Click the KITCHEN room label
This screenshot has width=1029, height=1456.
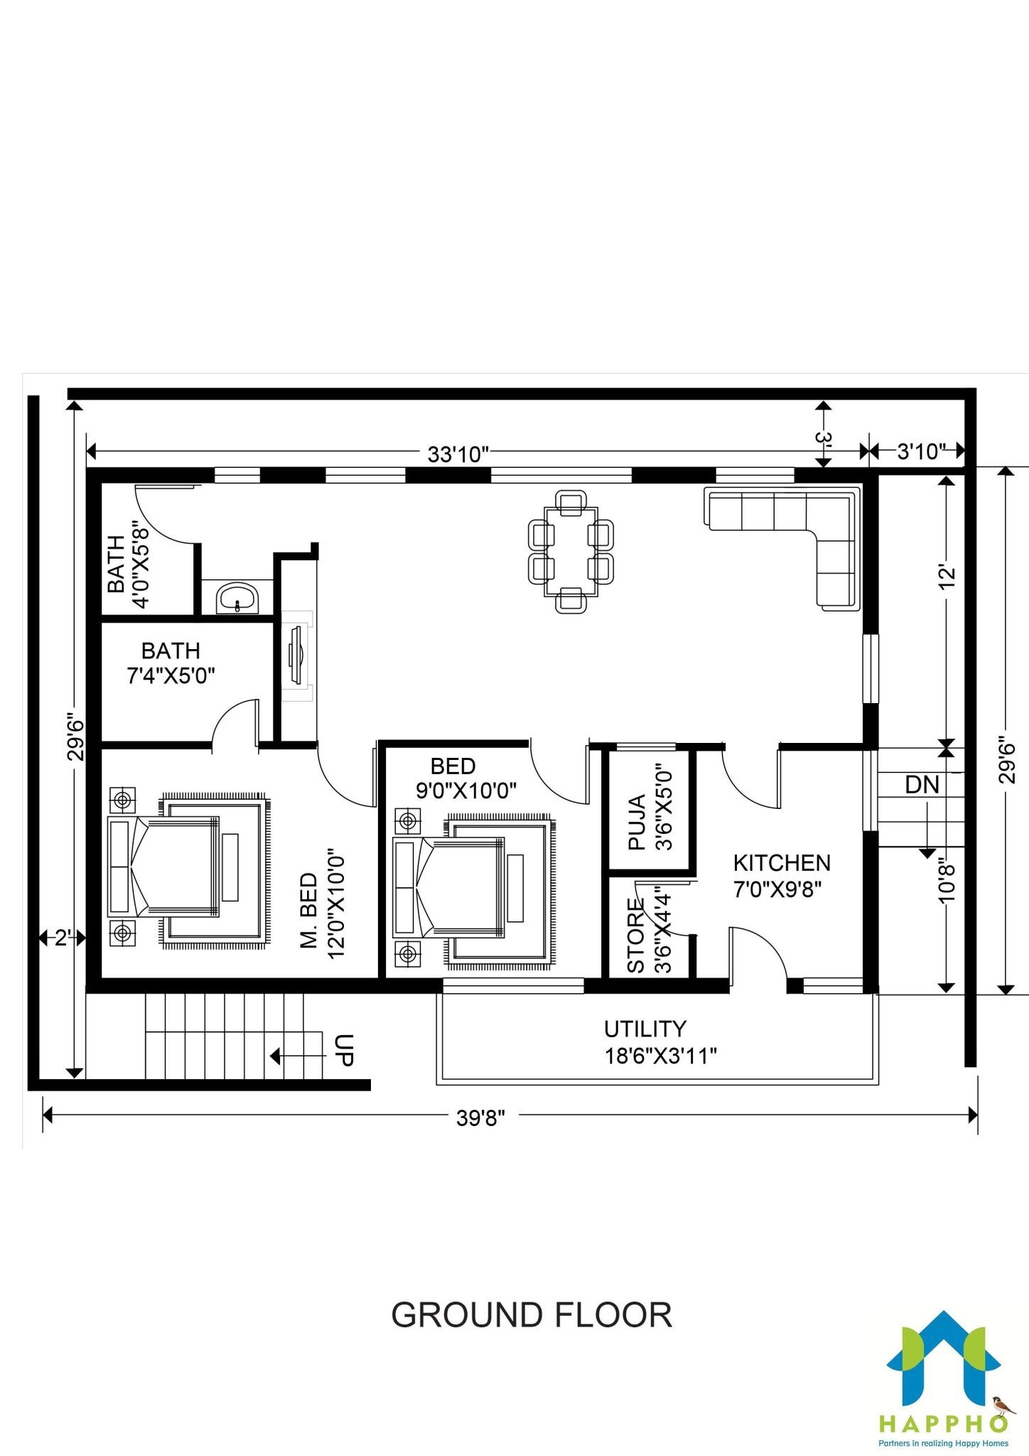(782, 862)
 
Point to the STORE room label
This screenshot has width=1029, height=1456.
(636, 936)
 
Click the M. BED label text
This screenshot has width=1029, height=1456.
(309, 911)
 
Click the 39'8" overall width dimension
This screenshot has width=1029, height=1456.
(480, 1118)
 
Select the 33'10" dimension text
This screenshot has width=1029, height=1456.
(459, 454)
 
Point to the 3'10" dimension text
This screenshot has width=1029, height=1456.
(921, 451)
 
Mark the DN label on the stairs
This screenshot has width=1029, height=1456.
(922, 785)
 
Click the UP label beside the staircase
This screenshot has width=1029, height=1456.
(343, 1051)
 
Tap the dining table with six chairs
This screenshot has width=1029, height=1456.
(571, 551)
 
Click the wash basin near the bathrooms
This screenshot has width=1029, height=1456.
(237, 597)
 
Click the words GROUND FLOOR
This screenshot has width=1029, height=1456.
(532, 1315)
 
